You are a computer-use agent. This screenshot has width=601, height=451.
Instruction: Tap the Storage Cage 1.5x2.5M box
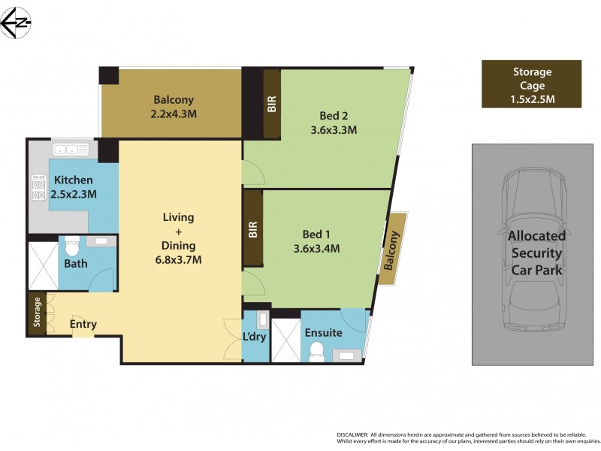[532, 85]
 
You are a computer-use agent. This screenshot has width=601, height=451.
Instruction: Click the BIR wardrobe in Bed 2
[271, 104]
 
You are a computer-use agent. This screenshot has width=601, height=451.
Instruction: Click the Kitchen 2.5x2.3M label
[74, 187]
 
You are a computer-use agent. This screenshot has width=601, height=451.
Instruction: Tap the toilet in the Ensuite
[316, 350]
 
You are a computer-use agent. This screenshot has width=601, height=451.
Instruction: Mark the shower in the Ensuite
[285, 341]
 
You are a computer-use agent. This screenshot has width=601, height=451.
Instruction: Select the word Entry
[83, 325]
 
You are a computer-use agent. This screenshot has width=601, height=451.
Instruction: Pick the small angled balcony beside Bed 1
[392, 248]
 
